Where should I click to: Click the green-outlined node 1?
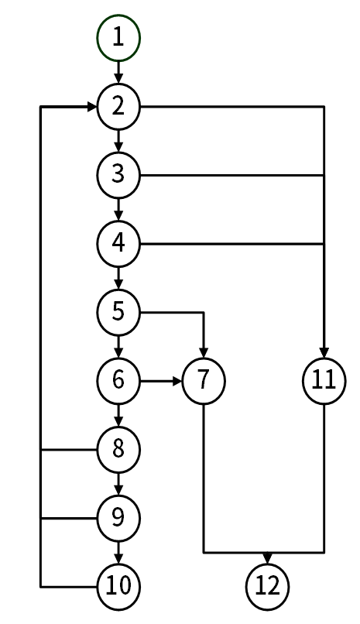coord(118,38)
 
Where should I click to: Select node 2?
coord(118,107)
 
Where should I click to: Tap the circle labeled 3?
coord(118,175)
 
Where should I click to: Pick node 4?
coord(118,244)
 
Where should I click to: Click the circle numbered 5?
coord(118,313)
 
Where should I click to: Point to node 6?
coord(118,381)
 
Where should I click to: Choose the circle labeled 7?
coord(204,381)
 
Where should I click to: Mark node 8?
coord(118,450)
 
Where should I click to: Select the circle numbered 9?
coord(118,518)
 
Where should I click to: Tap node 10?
coord(118,587)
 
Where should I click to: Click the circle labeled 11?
coord(324,381)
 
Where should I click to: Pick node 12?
coord(267,587)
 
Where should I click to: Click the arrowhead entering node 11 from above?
coord(324,353)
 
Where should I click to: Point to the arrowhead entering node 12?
coord(267,558)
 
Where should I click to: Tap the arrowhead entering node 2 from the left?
coord(91,107)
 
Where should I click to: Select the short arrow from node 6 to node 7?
coord(161,381)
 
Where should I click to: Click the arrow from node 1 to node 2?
coord(118,73)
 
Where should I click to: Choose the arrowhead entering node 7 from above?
coord(204,353)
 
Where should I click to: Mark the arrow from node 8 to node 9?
coord(118,484)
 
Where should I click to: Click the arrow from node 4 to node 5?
coord(118,278)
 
